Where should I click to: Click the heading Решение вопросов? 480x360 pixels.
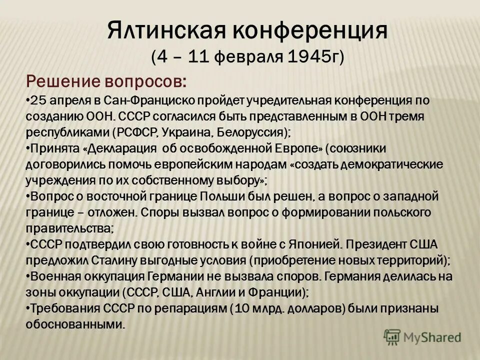click(x=108, y=80)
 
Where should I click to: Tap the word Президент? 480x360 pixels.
click(x=379, y=244)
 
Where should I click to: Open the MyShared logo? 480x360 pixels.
click(x=422, y=336)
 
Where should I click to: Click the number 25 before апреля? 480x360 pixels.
click(x=37, y=100)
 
